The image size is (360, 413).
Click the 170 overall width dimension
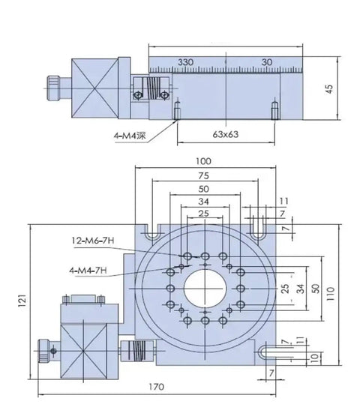click(x=157, y=387)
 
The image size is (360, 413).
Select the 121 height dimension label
click(x=22, y=301)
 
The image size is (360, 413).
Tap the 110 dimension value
click(x=330, y=294)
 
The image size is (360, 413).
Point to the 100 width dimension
click(x=203, y=161)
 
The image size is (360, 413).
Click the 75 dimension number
click(x=203, y=175)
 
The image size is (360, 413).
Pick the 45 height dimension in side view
click(x=329, y=88)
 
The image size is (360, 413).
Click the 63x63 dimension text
click(x=226, y=134)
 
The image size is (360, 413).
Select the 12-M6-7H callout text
click(x=93, y=240)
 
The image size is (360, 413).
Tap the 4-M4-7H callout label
click(x=88, y=271)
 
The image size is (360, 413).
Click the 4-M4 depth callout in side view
click(x=130, y=136)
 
